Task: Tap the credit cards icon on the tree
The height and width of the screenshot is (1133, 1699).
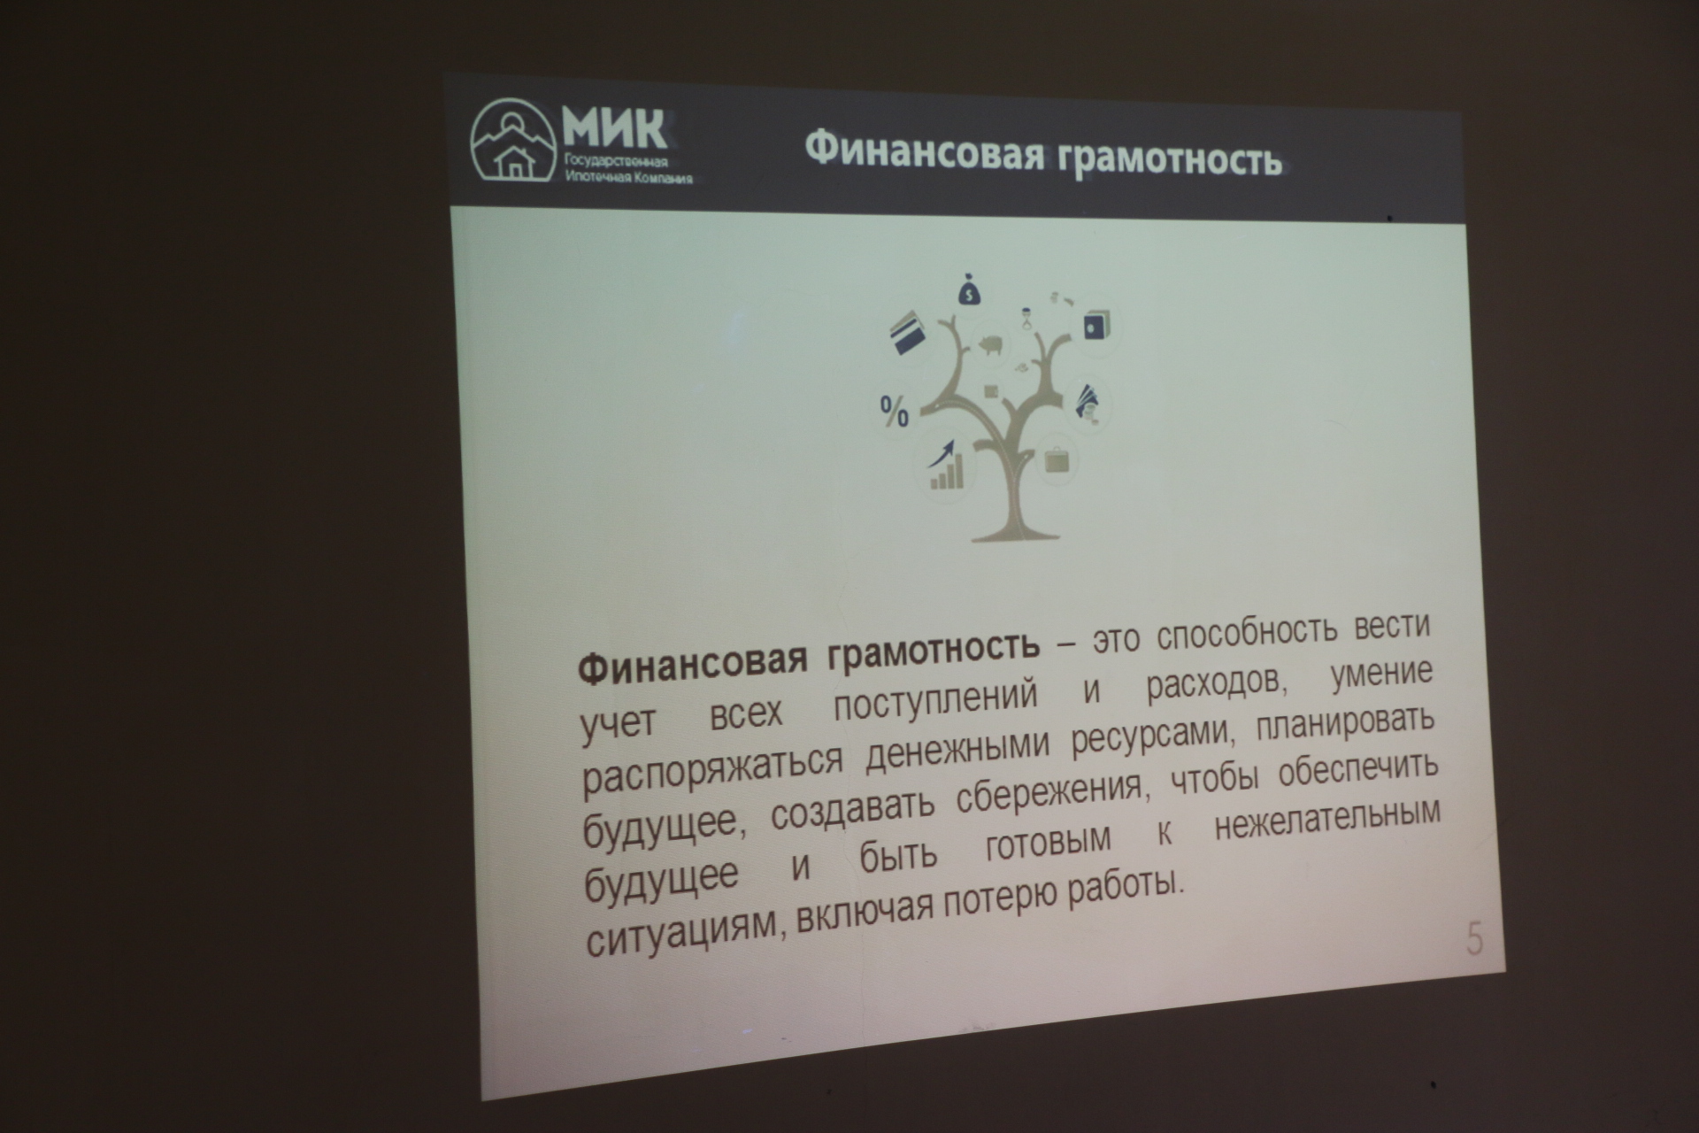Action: (906, 333)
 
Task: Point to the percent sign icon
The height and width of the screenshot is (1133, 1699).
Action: (895, 411)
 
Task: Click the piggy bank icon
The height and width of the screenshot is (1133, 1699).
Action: (990, 344)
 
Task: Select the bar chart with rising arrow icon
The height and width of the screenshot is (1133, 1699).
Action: (946, 466)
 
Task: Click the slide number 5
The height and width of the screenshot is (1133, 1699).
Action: (1474, 939)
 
